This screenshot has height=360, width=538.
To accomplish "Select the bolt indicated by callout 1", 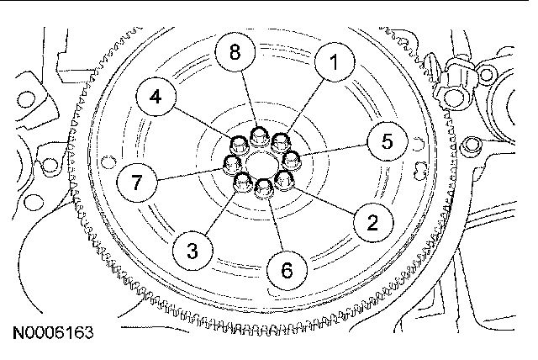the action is click(x=280, y=140).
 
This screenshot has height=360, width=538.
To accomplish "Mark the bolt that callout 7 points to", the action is click(x=231, y=163).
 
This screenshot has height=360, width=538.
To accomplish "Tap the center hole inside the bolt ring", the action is click(x=262, y=161).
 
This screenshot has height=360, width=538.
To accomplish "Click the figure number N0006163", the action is click(x=53, y=332).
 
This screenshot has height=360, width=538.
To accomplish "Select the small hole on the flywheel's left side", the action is click(x=104, y=162).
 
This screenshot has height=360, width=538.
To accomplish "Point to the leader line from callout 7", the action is click(x=193, y=170).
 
